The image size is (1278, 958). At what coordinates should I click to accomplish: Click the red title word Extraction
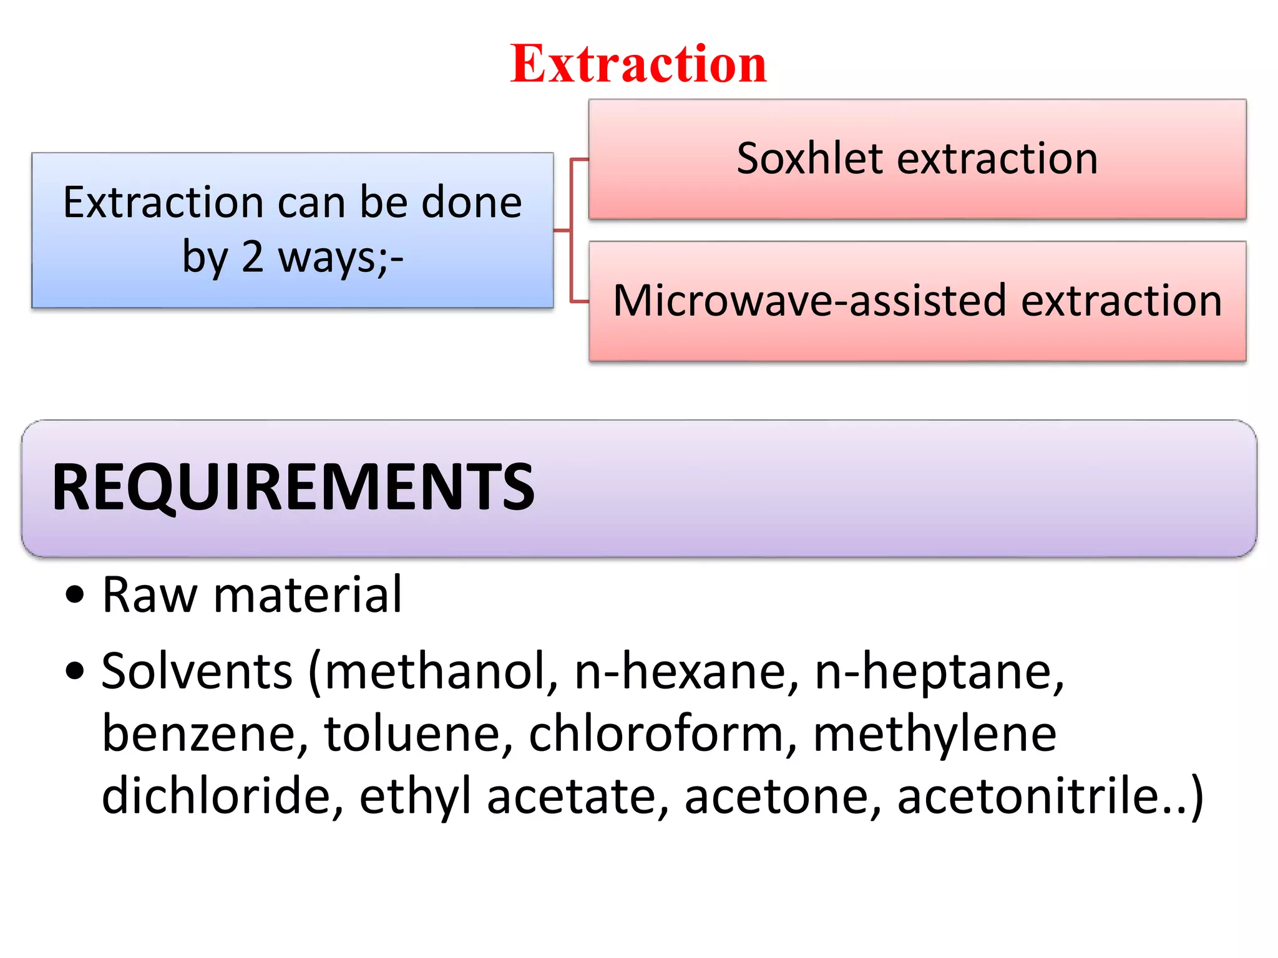pyautogui.click(x=638, y=64)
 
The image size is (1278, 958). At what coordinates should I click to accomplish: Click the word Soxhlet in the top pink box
pyautogui.click(x=809, y=158)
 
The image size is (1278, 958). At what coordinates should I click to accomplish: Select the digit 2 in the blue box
pyautogui.click(x=252, y=257)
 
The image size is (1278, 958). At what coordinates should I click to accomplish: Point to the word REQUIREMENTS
pyautogui.click(x=293, y=488)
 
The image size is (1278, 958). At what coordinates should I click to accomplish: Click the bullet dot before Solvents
pyautogui.click(x=74, y=672)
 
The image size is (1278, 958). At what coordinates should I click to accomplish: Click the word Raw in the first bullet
pyautogui.click(x=150, y=596)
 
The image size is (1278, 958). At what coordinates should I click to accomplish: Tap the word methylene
pyautogui.click(x=934, y=734)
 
